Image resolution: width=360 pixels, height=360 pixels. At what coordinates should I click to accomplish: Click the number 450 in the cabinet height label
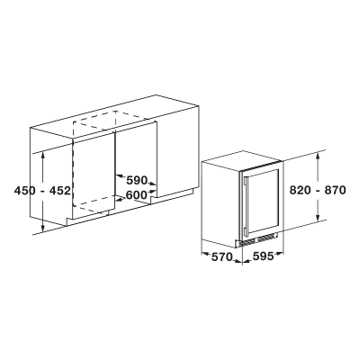click(x=25, y=190)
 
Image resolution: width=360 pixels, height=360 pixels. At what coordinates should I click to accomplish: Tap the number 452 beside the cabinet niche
click(x=59, y=190)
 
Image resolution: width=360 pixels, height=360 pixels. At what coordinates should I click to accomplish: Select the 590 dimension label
click(x=137, y=180)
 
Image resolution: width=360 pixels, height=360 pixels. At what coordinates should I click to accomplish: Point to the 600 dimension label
click(x=137, y=195)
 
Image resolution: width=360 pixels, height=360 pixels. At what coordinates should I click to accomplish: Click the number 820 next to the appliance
click(x=301, y=190)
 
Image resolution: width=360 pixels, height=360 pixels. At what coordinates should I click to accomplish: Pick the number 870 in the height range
click(x=335, y=190)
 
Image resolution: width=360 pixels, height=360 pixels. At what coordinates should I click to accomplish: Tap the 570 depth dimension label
click(x=222, y=256)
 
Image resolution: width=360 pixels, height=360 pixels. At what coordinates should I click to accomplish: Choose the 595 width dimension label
click(x=263, y=256)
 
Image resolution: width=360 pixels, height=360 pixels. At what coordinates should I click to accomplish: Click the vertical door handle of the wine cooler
click(x=246, y=206)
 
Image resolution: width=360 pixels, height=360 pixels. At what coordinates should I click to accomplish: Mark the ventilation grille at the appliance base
click(x=257, y=239)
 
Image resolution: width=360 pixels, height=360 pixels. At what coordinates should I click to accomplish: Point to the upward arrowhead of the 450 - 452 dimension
click(x=44, y=154)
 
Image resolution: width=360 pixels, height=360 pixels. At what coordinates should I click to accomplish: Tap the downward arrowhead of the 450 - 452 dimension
click(x=44, y=229)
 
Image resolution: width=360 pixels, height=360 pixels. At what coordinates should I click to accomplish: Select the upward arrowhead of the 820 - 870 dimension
click(x=319, y=156)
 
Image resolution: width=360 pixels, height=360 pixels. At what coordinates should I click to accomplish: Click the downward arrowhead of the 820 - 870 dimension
click(x=319, y=219)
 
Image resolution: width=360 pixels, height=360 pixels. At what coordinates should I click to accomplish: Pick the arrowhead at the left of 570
click(x=205, y=254)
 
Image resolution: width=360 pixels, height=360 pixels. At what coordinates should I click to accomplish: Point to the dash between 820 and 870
click(x=318, y=190)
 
